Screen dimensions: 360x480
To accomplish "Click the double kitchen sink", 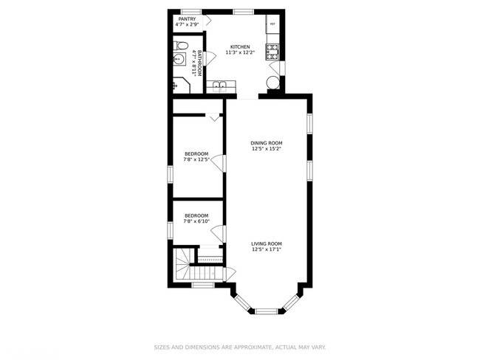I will (x=220, y=88).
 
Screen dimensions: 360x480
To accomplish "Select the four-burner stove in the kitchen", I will (x=272, y=52).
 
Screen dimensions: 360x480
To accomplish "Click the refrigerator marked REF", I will (x=272, y=24).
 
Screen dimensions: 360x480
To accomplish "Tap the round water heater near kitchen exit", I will (x=273, y=82).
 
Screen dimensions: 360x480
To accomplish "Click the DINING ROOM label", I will (x=267, y=143).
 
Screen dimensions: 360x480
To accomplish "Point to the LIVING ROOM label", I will (x=267, y=243).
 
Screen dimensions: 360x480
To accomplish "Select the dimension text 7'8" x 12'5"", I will (x=196, y=159).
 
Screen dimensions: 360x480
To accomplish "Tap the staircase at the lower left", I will (x=182, y=265).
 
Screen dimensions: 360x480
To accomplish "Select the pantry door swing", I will (x=209, y=19).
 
